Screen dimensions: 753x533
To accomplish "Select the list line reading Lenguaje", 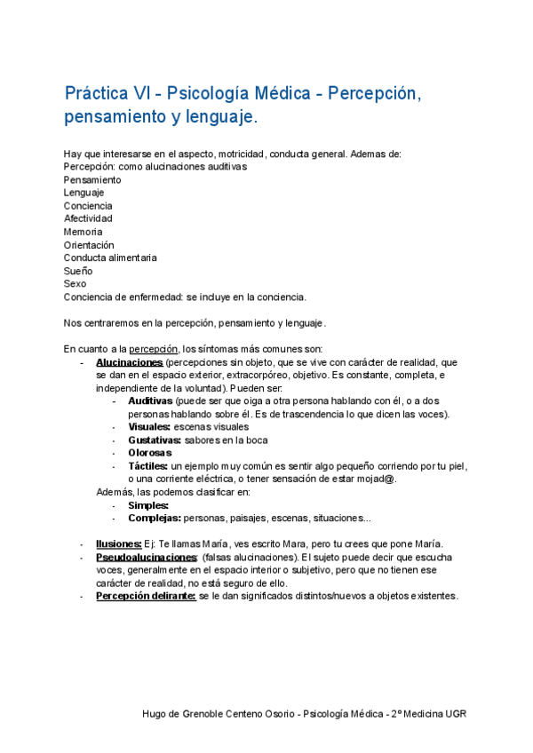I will pos(84,193).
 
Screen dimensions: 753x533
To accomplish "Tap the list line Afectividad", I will pos(88,218).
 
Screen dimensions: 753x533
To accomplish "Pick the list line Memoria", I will pos(83,232).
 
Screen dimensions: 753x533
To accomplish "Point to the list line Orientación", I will pos(89,245).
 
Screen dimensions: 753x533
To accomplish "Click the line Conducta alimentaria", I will pos(110,258).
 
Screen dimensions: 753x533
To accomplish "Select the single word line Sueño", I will pos(78,271).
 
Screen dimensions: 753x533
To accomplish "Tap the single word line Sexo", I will pos(76,283).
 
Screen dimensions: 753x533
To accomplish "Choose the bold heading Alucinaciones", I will pos(129,362).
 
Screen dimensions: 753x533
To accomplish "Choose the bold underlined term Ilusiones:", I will pos(119,543).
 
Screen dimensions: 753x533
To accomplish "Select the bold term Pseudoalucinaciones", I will pos(147,557).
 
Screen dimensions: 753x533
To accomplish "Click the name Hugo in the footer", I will pos(156,714).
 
